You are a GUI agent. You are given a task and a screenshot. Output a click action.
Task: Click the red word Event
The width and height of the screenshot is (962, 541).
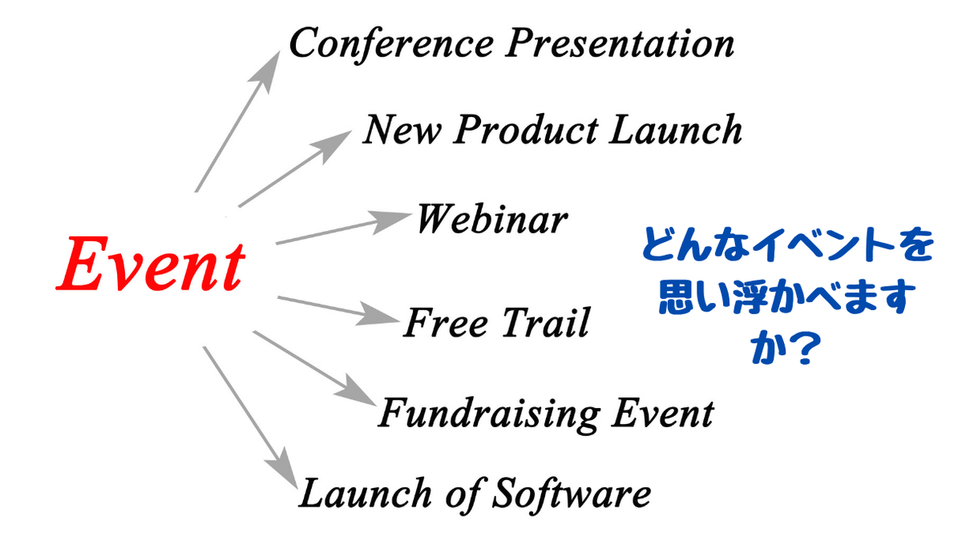click(151, 264)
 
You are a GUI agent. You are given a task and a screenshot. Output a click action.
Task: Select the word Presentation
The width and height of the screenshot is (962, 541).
click(620, 43)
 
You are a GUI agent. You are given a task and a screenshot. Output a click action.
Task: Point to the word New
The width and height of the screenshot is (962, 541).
click(402, 129)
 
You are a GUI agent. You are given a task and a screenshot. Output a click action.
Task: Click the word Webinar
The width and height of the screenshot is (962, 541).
click(492, 219)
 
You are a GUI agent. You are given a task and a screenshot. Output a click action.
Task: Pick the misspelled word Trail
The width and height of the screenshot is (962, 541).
click(546, 322)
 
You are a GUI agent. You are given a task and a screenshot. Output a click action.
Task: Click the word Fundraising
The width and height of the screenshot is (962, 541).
click(489, 414)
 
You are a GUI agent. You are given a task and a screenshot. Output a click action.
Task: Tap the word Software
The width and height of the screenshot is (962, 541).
click(571, 494)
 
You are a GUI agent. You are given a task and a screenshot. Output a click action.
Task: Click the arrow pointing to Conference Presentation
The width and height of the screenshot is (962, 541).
click(237, 122)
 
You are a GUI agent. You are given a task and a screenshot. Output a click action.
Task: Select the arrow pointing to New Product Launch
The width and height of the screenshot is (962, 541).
click(295, 169)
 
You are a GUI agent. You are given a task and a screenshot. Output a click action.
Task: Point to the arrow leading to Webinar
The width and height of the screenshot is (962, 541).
click(344, 228)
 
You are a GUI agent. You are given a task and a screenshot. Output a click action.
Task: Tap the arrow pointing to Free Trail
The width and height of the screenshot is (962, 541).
click(338, 310)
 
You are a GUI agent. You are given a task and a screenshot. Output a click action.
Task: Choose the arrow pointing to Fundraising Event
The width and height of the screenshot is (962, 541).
click(314, 368)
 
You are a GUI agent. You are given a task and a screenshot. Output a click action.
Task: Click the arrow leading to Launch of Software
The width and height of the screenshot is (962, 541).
click(250, 418)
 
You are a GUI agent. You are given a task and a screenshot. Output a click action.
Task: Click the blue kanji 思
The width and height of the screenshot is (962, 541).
click(677, 297)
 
